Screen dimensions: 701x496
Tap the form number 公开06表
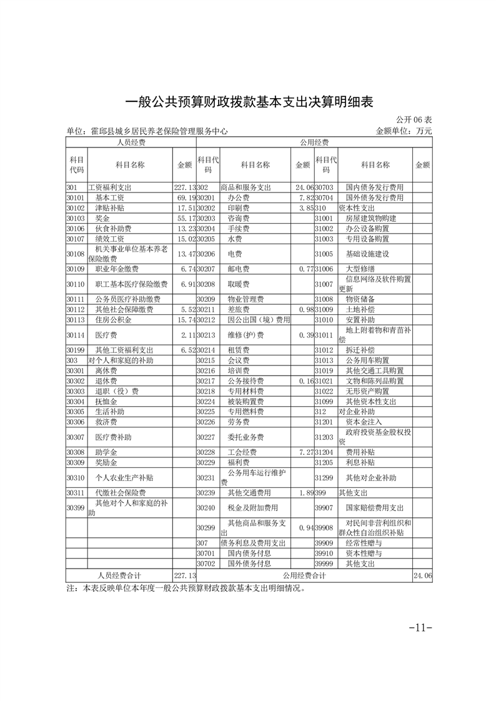[414, 120]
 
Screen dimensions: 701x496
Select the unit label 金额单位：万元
[404, 131]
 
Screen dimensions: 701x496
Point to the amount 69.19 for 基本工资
[185, 197]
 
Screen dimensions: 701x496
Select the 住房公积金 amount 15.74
[185, 319]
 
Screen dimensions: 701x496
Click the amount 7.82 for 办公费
[302, 197]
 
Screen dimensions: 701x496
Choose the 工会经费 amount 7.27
[302, 452]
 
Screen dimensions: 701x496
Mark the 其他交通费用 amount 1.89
[302, 492]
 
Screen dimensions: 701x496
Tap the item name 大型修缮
[360, 269]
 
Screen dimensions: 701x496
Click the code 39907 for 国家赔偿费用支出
[325, 508]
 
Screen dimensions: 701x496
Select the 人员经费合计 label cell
[119, 575]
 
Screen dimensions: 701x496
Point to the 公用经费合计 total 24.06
[422, 575]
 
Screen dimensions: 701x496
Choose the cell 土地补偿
[360, 309]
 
